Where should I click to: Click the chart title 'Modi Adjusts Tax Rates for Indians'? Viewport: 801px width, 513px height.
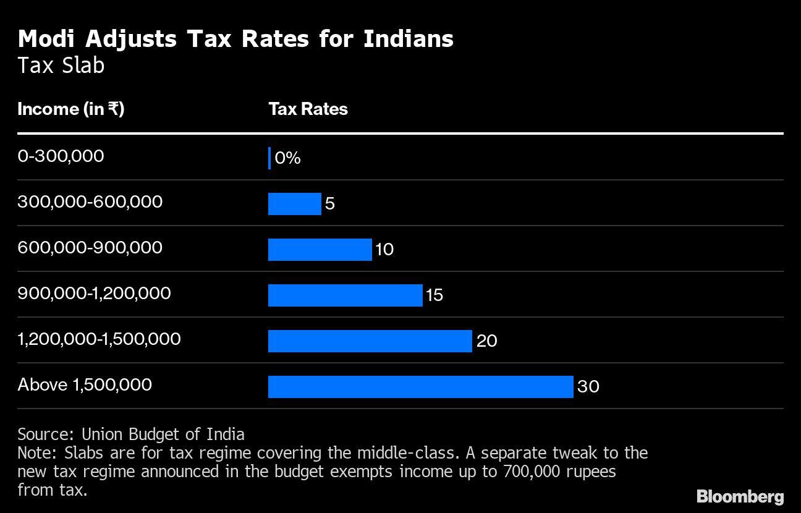235,39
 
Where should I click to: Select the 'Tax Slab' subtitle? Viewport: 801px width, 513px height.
61,66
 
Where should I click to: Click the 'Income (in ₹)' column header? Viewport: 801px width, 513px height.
71,109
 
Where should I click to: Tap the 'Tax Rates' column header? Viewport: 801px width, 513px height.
308,109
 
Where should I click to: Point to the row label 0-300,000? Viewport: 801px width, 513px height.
61,156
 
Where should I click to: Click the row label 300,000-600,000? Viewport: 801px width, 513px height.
90,201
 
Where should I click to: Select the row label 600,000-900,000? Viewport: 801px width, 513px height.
90,247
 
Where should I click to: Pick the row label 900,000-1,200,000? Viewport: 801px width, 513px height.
94,293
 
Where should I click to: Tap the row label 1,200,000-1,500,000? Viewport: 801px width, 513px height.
99,339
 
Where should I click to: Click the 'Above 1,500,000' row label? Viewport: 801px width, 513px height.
85,384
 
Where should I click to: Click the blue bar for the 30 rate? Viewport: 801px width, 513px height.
420,387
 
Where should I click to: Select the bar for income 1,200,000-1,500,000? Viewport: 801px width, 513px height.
370,341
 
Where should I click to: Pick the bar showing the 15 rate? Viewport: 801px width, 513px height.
345,295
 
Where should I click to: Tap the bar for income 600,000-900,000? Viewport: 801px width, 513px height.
320,250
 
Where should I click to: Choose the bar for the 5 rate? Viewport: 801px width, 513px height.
294,204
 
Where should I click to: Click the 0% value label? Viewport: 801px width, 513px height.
287,158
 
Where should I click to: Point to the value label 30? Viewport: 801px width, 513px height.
588,387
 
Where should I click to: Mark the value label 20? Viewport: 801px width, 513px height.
486,341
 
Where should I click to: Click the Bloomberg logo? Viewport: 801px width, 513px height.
740,496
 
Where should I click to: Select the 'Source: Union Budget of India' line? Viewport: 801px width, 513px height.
131,434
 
